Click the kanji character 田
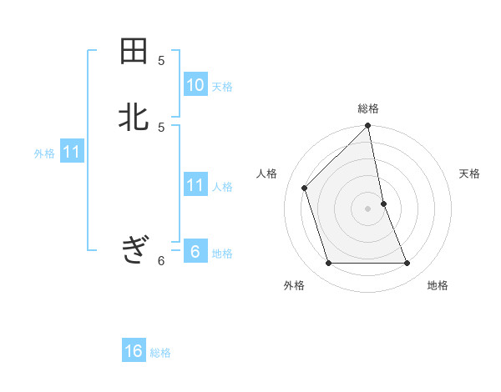134,52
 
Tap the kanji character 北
134,118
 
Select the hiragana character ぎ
134,249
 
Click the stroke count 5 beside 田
161,61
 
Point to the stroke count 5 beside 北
161,127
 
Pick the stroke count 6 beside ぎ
161,261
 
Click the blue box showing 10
195,85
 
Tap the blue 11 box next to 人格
195,185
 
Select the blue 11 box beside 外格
72,153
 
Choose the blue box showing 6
195,252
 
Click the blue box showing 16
134,351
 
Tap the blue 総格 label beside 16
160,353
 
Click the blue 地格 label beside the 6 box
222,254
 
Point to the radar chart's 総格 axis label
368,108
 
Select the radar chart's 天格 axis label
469,173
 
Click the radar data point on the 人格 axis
305,188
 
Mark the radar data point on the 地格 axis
407,264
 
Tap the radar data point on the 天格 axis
383,204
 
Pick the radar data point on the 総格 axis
368,127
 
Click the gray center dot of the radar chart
368,209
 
